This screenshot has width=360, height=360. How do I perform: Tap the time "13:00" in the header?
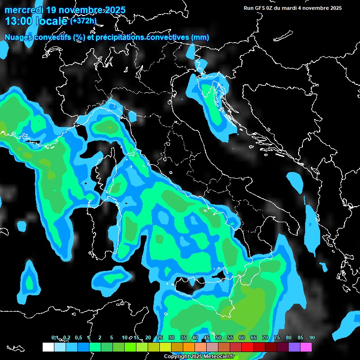point(19,21)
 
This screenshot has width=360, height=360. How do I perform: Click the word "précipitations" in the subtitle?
point(121,37)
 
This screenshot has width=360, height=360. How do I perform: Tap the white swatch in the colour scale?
point(48,347)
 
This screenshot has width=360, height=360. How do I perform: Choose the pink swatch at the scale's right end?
point(306,347)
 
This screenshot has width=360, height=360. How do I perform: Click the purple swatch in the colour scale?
point(294,347)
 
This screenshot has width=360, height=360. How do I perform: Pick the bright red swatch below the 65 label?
point(247,347)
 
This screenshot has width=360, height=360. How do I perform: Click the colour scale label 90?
point(312,337)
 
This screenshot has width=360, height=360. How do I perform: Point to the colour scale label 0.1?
point(54,337)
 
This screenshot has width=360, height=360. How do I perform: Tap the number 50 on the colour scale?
point(218,337)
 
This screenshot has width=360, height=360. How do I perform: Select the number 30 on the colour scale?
point(172,337)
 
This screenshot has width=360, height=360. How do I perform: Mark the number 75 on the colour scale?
point(277,337)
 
